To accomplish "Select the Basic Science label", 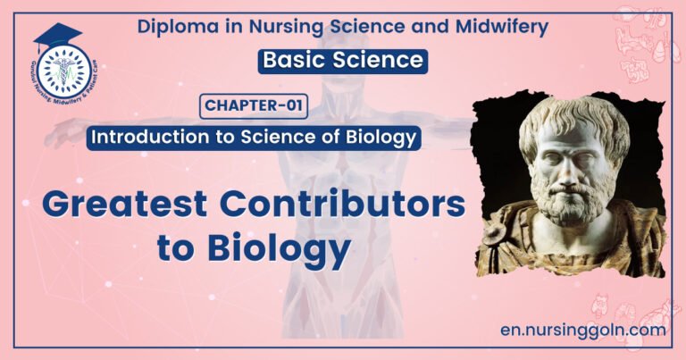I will point(343,61).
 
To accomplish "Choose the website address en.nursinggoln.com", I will point(584,330).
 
